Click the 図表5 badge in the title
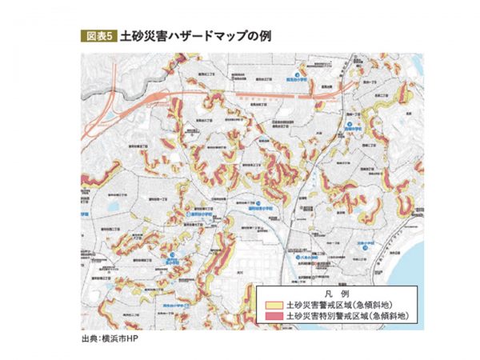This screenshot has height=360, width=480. click(98, 37)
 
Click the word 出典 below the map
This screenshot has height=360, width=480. click(88, 338)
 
